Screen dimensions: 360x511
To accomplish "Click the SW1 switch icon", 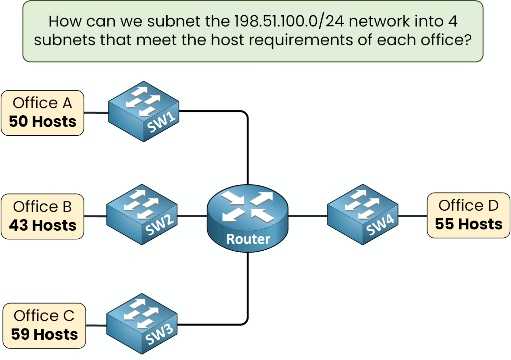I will pyautogui.click(x=144, y=111).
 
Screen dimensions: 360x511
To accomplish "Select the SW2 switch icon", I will pyautogui.click(x=142, y=214).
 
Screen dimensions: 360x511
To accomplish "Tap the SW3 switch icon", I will pyautogui.click(x=142, y=324).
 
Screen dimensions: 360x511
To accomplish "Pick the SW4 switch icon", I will pyautogui.click(x=363, y=214).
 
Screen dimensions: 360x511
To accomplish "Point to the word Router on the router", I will pyautogui.click(x=248, y=239).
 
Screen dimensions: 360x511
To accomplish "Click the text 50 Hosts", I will pyautogui.click(x=43, y=122).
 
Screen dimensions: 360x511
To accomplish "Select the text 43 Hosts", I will pyautogui.click(x=43, y=225).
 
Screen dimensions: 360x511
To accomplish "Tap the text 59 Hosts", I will pyautogui.click(x=44, y=334).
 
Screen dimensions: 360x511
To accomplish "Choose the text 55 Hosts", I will pyautogui.click(x=468, y=224).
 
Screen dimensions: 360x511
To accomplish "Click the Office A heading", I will pyautogui.click(x=42, y=103).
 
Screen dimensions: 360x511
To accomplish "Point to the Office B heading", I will pyautogui.click(x=42, y=207).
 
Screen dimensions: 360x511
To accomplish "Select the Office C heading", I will pyautogui.click(x=44, y=316).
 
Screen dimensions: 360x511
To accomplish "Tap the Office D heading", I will pyautogui.click(x=468, y=205).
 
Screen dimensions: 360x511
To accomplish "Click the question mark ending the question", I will pyautogui.click(x=468, y=40).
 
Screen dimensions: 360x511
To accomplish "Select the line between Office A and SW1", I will pyautogui.click(x=96, y=113).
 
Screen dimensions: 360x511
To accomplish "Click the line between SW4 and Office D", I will pyautogui.click(x=413, y=216).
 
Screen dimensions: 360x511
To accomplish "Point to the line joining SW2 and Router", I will pyautogui.click(x=192, y=216).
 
